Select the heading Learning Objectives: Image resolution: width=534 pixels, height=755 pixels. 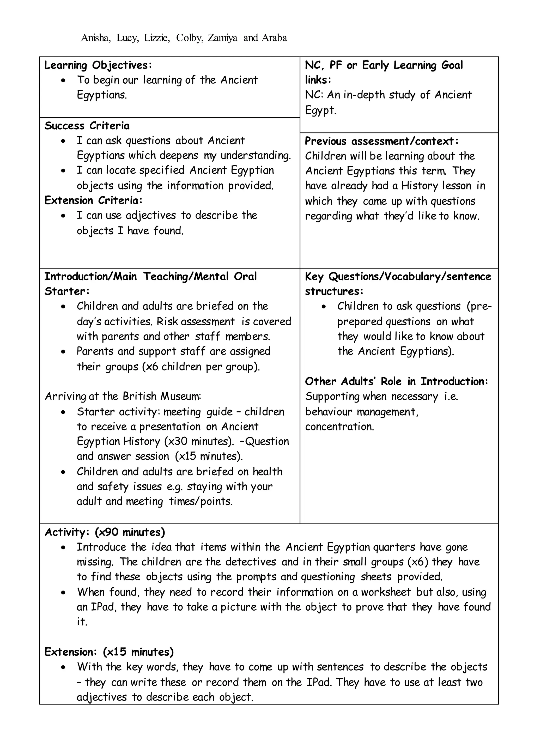coord(98,65)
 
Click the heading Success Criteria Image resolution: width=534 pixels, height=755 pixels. coord(87,126)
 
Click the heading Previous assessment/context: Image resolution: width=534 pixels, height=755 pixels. coord(381,141)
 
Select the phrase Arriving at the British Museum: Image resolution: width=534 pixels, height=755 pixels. coord(123,396)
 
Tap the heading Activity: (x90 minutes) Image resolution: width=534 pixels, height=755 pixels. coord(105,532)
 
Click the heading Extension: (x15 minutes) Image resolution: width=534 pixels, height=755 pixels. coord(109,652)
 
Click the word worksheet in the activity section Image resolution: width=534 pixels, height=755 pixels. coord(386,592)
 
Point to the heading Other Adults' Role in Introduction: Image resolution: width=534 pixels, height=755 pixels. coord(397,381)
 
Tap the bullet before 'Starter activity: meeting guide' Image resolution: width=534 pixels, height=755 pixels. coord(63,412)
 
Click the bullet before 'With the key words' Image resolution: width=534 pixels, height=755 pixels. coord(63,667)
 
